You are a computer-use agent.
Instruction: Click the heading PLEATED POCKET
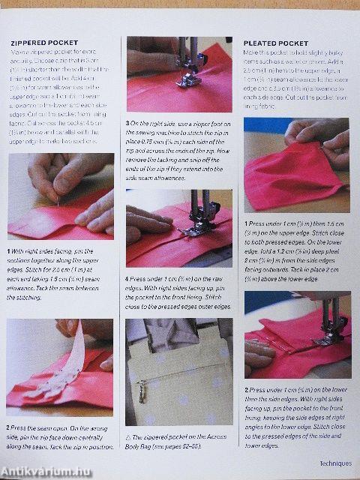[x=276, y=43]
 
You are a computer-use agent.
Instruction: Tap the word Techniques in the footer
[x=334, y=463]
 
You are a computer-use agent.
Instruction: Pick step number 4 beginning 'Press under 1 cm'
[x=129, y=277]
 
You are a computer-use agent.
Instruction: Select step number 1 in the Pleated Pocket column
[x=246, y=223]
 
